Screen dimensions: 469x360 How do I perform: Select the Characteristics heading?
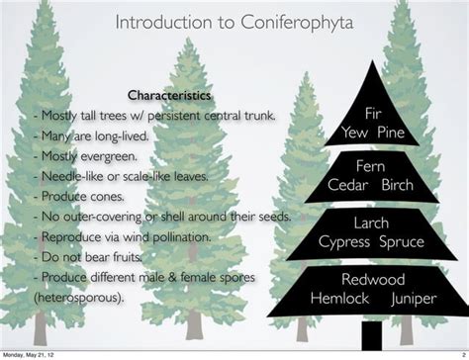pyautogui.click(x=169, y=96)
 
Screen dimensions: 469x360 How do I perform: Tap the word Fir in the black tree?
pyautogui.click(x=373, y=114)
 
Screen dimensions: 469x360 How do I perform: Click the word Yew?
pyautogui.click(x=356, y=133)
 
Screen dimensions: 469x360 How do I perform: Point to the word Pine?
pyautogui.click(x=391, y=133)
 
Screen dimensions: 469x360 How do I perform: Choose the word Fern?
pyautogui.click(x=372, y=166)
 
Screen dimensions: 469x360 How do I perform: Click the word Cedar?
pyautogui.click(x=348, y=185)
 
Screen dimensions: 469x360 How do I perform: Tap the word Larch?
pyautogui.click(x=372, y=224)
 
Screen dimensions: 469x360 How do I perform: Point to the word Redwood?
pyautogui.click(x=372, y=280)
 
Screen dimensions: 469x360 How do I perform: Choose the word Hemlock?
pyautogui.click(x=339, y=298)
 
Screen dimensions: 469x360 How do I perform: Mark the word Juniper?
pyautogui.click(x=412, y=298)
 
